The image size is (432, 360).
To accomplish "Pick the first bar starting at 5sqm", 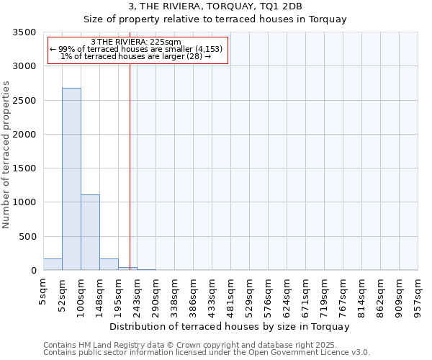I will point(53,264).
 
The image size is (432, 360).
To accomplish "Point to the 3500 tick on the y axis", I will point(25,32).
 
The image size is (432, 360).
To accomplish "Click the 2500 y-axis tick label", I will point(25,101).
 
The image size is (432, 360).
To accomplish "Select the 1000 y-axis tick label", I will point(25,202).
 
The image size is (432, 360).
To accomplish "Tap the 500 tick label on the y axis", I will point(28,237).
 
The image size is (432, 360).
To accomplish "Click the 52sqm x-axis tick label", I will point(63,292).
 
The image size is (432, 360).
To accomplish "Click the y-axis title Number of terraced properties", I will point(6,154).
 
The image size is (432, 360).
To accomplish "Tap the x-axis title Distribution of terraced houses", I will point(230,326).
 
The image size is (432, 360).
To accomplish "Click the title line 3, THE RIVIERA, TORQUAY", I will point(215,6).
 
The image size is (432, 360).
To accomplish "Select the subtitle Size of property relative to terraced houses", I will point(215,19).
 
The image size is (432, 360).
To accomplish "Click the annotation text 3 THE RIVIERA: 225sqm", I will point(136,42).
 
